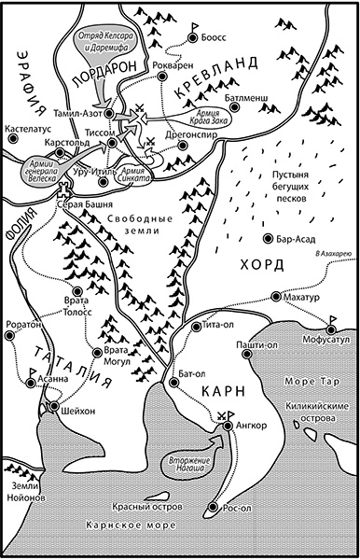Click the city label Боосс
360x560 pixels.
click(x=214, y=38)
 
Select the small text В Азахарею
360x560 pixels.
click(x=332, y=254)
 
